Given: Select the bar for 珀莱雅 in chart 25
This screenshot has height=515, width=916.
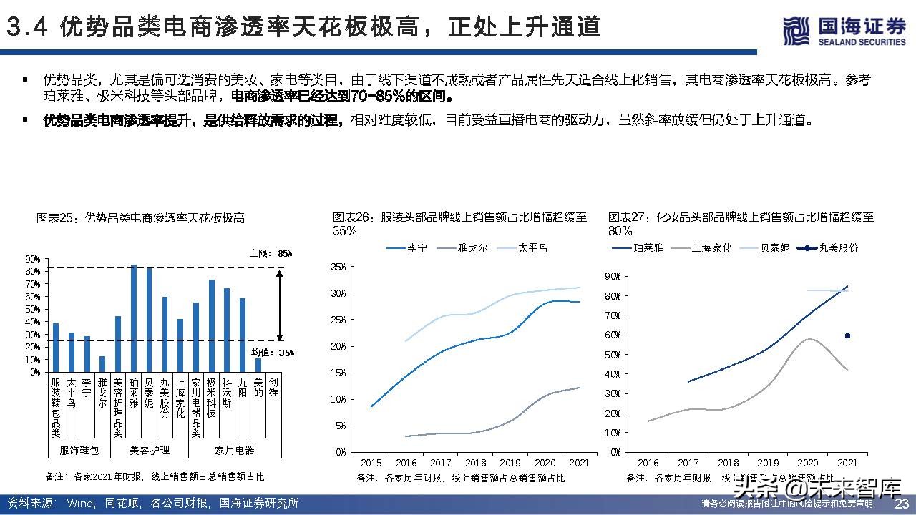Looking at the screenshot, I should click(x=134, y=318).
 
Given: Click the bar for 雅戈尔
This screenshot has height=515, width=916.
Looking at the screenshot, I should click(x=102, y=363).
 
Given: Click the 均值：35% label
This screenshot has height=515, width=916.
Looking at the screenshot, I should click(x=276, y=353).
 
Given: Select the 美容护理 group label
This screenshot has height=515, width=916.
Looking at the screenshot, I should click(x=150, y=450).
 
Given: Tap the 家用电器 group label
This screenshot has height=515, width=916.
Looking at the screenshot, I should click(x=235, y=450).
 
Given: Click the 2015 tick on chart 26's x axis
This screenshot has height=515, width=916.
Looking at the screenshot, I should click(x=371, y=463).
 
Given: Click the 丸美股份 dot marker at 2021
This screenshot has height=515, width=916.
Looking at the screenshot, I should click(x=847, y=335).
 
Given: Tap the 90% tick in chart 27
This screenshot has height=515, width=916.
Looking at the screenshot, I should click(x=612, y=276).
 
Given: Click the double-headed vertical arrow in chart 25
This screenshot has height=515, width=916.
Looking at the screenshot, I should click(x=279, y=304).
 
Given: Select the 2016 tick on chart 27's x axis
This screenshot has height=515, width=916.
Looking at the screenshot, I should click(x=648, y=463).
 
